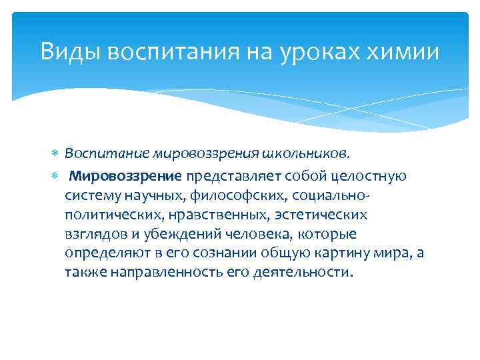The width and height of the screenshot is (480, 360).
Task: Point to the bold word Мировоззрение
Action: [126, 177]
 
